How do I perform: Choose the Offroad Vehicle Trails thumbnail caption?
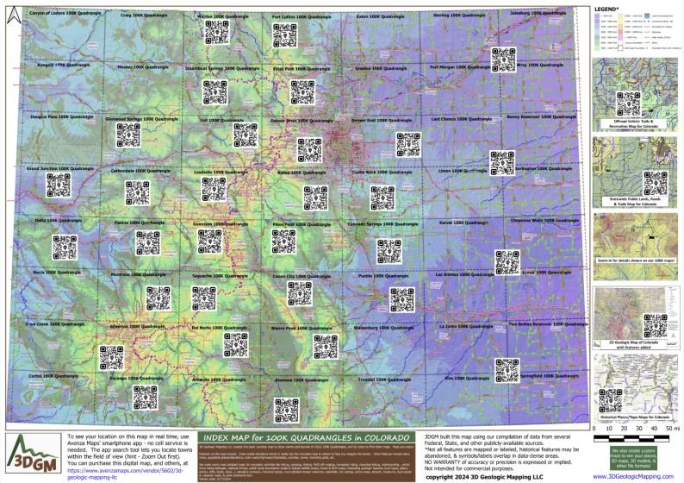coord(635,125)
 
